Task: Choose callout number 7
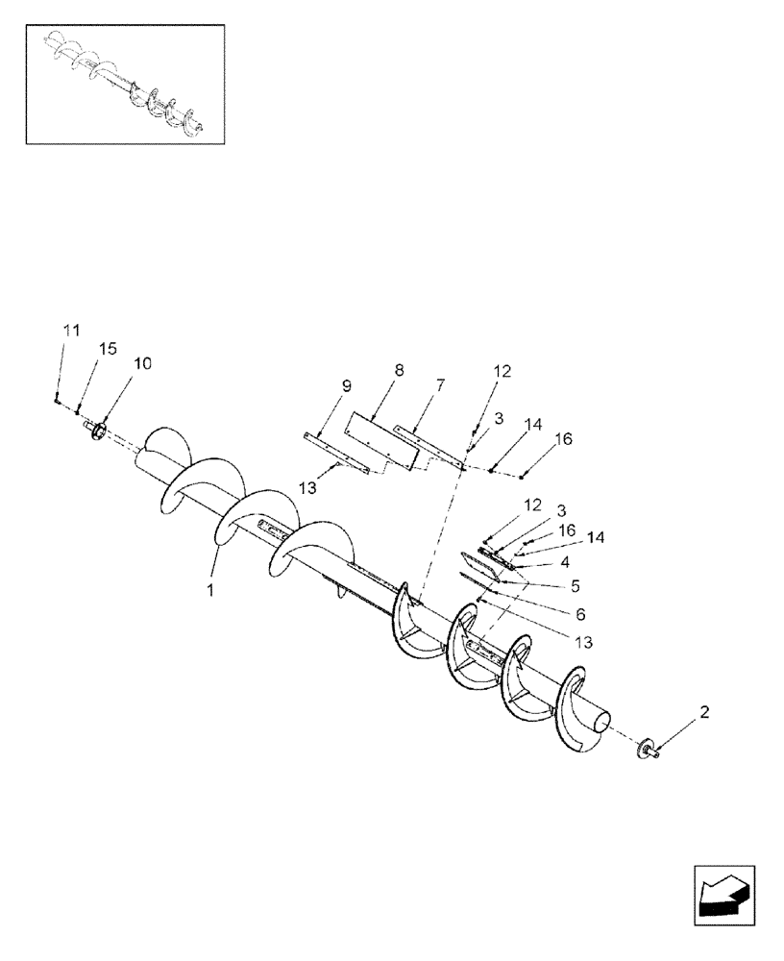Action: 440,385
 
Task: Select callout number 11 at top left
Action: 70,330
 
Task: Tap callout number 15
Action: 108,348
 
